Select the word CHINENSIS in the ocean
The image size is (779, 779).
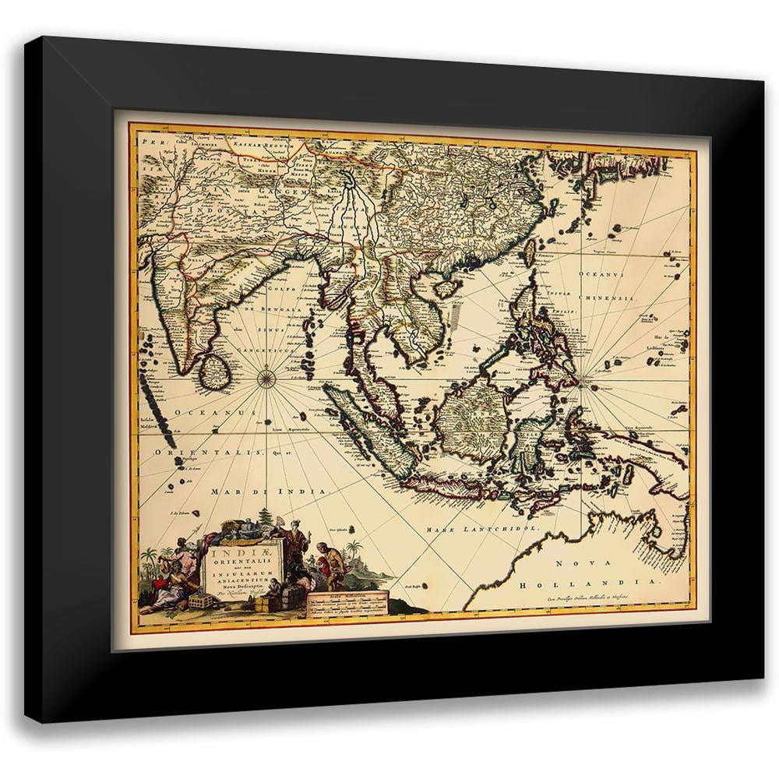[610, 299]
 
